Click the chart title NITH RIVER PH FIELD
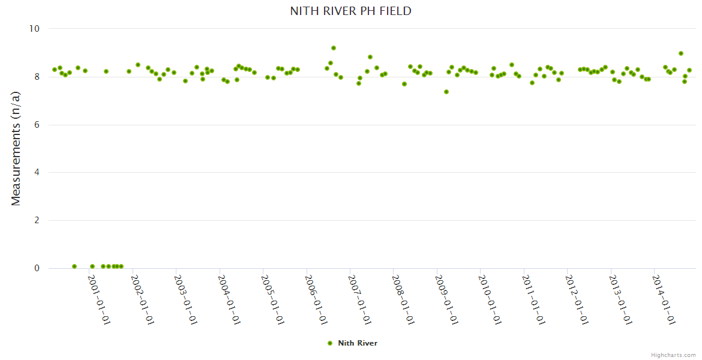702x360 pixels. [x=350, y=11]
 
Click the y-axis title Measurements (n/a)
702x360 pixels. [x=16, y=148]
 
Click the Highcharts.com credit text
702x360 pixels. [x=673, y=355]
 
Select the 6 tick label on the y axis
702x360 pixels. [x=37, y=125]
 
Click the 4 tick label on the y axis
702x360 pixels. [x=37, y=173]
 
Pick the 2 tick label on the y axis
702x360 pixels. [x=37, y=221]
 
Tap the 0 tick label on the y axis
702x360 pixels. [x=37, y=269]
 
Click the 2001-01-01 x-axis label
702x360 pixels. [x=100, y=300]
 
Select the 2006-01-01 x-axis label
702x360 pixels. [x=316, y=300]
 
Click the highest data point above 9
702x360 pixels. [x=334, y=48]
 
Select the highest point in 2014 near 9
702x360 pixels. [x=681, y=53]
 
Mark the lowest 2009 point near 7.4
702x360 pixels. [x=446, y=92]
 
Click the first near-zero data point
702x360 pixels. [x=74, y=266]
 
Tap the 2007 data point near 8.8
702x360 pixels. [x=370, y=57]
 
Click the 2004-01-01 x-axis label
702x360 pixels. [x=230, y=300]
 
